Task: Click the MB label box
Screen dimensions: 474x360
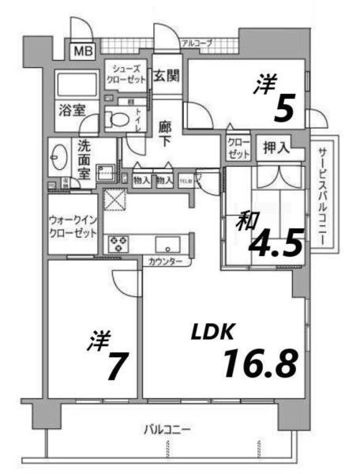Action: (83, 52)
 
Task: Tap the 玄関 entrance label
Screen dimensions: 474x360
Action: (166, 77)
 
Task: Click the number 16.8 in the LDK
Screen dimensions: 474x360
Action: (260, 363)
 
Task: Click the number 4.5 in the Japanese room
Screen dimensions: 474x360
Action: (276, 244)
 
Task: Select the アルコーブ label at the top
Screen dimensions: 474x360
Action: (197, 43)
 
